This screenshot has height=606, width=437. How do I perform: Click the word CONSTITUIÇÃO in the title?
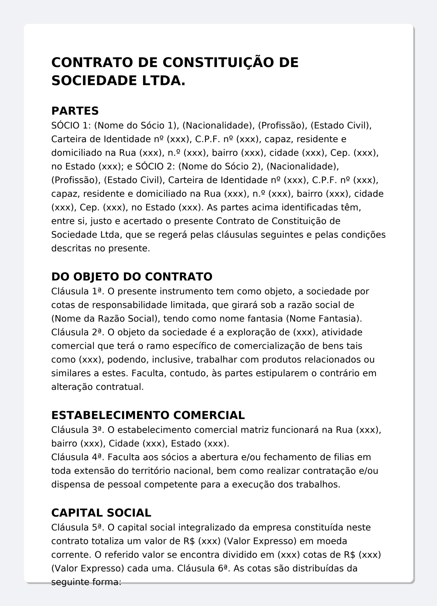point(218,62)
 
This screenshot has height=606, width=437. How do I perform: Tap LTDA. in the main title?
point(164,81)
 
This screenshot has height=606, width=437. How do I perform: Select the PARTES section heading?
point(75,111)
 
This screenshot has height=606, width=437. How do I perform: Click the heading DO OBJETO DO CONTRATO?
point(132,277)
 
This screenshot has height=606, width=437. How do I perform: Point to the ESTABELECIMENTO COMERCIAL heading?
point(148,415)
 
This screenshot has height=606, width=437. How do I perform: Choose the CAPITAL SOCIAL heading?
point(101,513)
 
